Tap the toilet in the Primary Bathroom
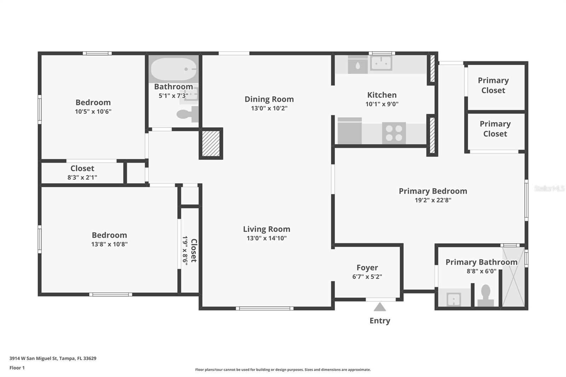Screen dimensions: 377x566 click(x=486, y=295)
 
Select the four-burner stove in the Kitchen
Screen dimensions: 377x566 click(x=394, y=133)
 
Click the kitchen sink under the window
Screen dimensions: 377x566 click(x=381, y=63)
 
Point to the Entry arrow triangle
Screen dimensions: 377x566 click(x=380, y=307)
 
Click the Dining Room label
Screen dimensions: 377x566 click(x=269, y=99)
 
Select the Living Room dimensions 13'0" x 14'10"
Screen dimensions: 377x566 click(x=266, y=238)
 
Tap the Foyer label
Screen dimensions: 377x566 click(x=367, y=268)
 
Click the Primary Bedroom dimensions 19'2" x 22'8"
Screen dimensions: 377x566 click(x=433, y=200)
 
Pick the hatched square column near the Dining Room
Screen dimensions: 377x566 click(x=211, y=144)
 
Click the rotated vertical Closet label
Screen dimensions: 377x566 click(x=194, y=250)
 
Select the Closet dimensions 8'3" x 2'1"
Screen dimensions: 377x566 click(x=82, y=178)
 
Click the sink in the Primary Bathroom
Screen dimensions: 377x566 click(x=454, y=299)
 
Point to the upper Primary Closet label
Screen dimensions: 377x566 click(x=493, y=85)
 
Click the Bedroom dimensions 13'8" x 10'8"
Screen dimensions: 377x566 click(x=109, y=244)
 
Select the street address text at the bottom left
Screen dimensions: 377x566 click(x=53, y=358)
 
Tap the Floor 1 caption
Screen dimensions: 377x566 click(x=17, y=368)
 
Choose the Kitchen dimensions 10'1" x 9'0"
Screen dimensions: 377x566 click(x=382, y=104)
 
